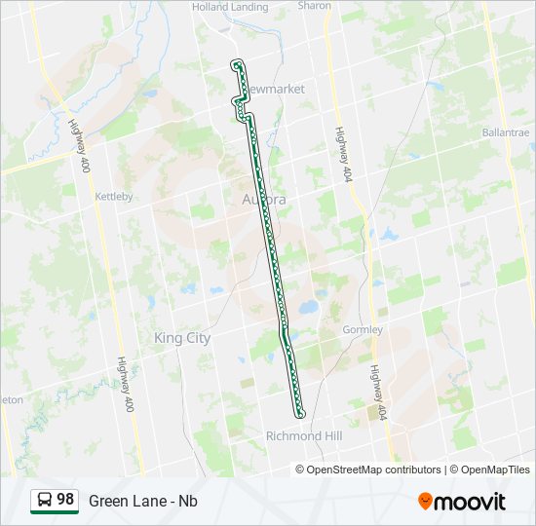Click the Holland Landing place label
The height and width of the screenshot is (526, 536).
(x=230, y=7)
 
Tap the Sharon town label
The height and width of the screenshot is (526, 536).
(x=315, y=6)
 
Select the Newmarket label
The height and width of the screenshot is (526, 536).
(x=275, y=89)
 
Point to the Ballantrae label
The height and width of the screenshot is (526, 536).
(x=505, y=131)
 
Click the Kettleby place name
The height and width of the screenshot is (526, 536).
(x=113, y=196)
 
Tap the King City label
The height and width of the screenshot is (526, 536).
(x=182, y=337)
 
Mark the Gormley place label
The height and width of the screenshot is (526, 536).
(x=363, y=329)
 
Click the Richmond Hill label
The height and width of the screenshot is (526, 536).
(x=304, y=436)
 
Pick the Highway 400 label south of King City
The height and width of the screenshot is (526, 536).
(x=124, y=383)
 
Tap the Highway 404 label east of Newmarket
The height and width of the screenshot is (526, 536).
(x=343, y=155)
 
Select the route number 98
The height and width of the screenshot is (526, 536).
(x=65, y=500)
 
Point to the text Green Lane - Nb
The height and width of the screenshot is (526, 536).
(x=143, y=501)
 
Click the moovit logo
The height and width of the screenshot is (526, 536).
(x=462, y=502)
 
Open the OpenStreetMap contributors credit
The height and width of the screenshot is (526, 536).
(x=373, y=470)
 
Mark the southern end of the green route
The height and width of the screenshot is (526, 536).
(x=300, y=414)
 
